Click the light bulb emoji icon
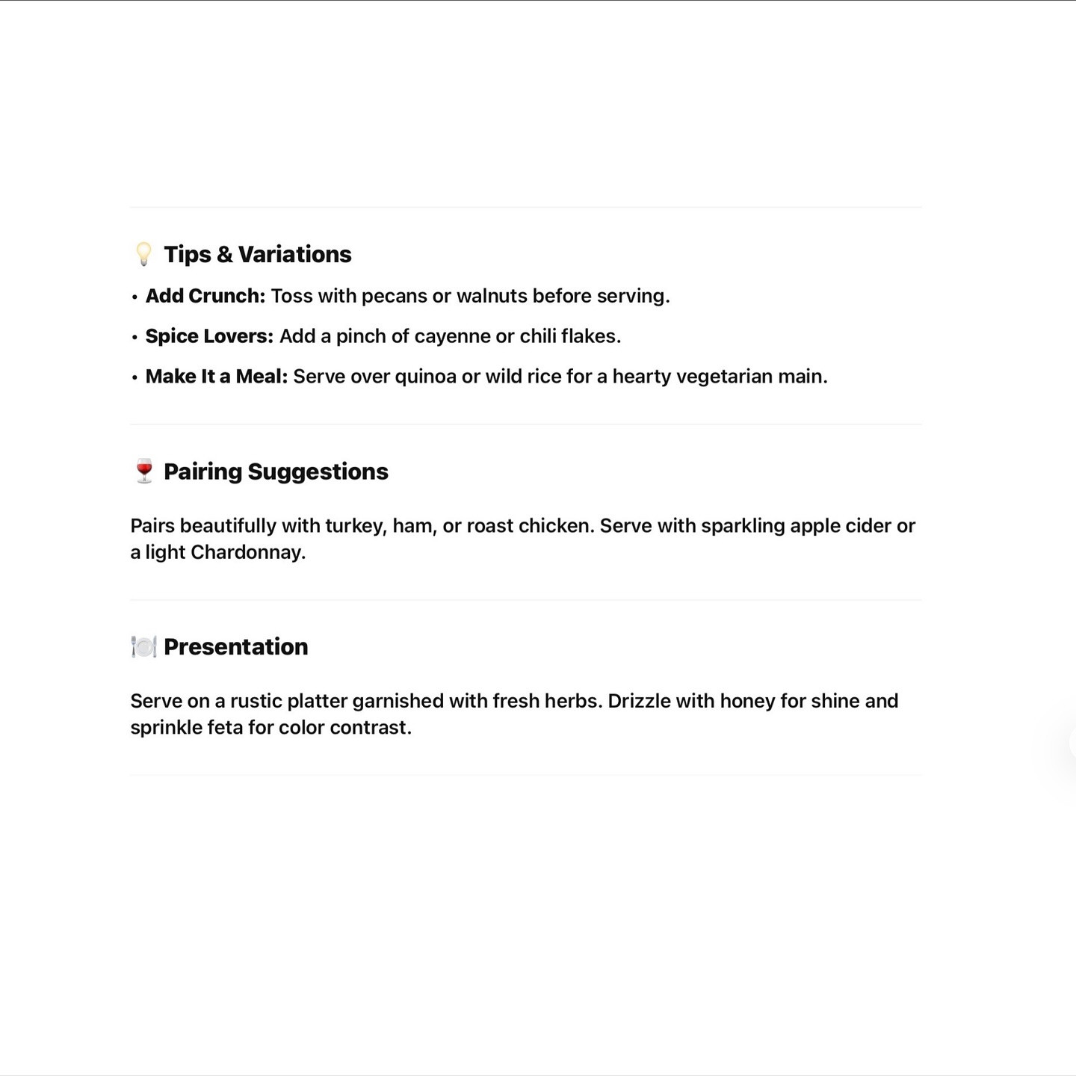click(x=143, y=254)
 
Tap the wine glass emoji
click(x=144, y=471)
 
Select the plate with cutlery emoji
click(x=143, y=646)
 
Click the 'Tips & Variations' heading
click(x=257, y=254)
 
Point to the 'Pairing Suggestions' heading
click(x=276, y=471)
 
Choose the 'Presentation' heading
click(x=235, y=646)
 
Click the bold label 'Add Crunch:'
click(x=205, y=296)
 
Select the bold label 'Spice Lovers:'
click(x=209, y=336)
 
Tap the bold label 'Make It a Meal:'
click(x=216, y=377)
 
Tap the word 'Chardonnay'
click(x=247, y=553)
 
